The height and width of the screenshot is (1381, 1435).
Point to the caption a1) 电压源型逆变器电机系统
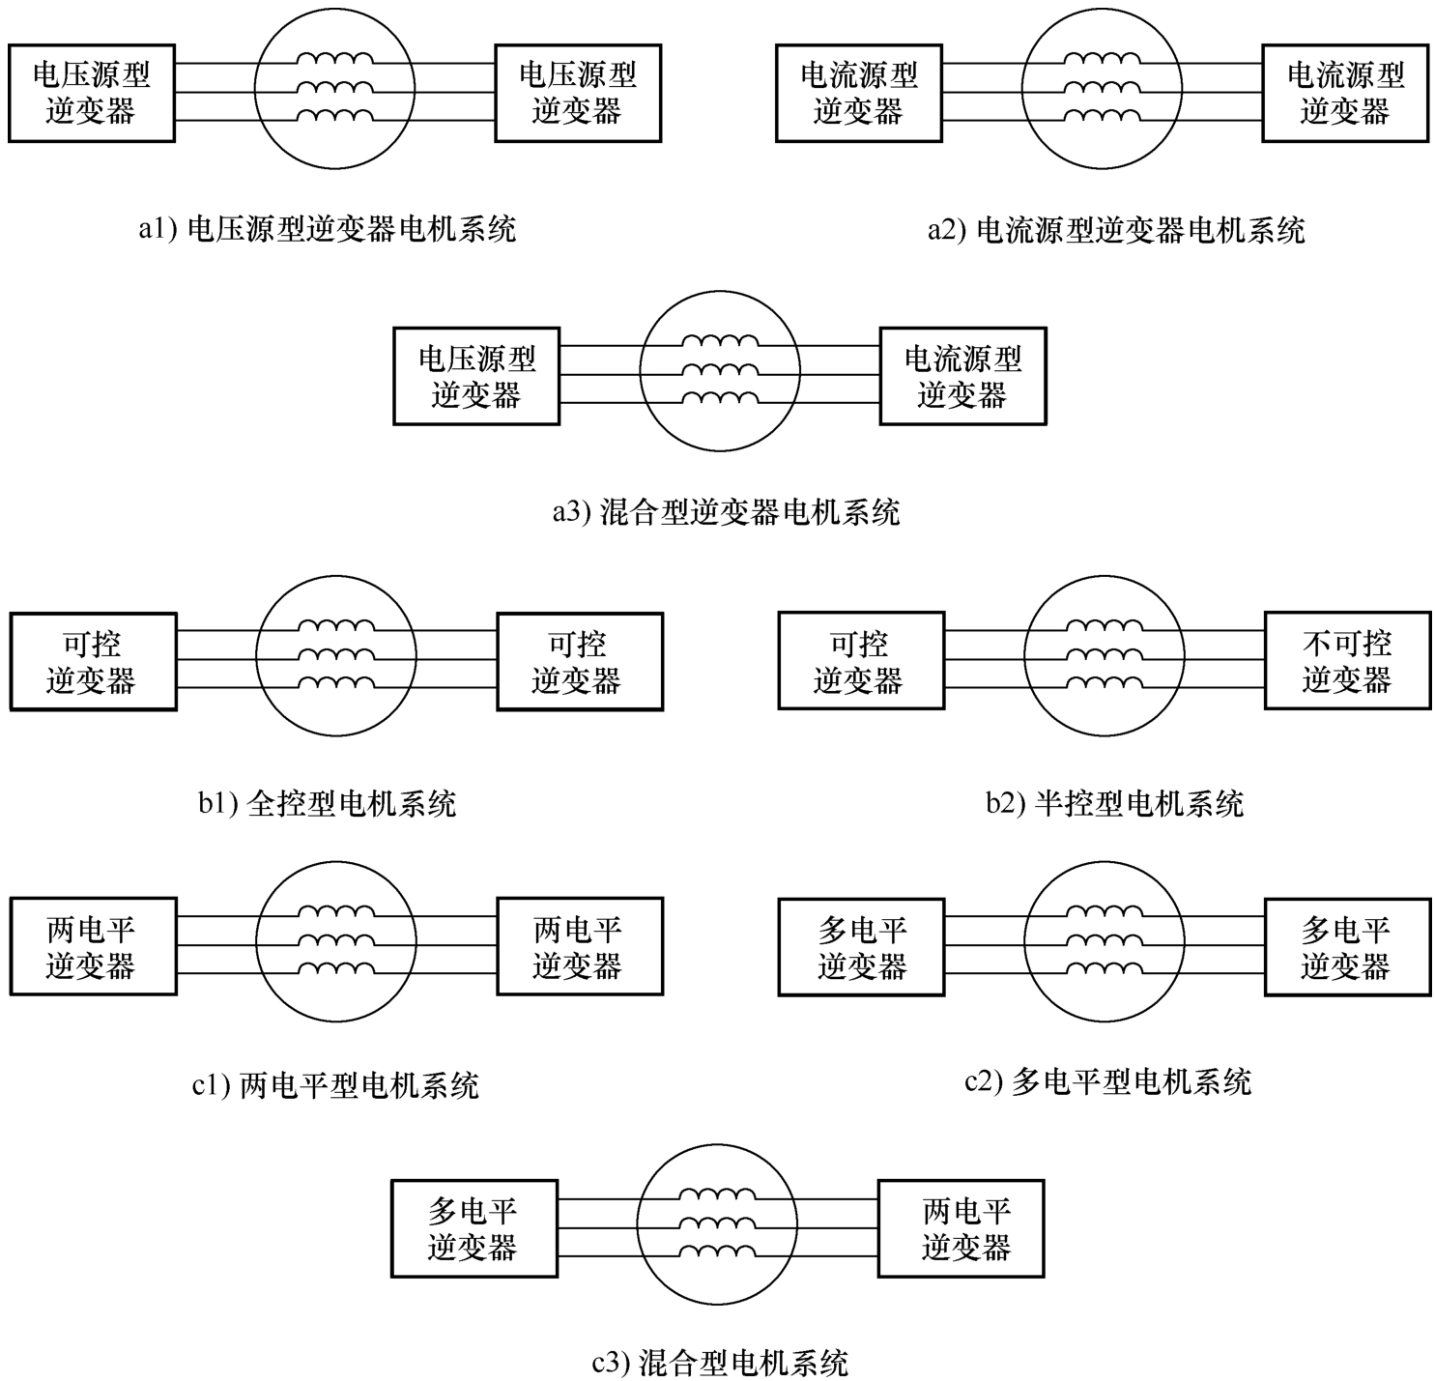click(328, 229)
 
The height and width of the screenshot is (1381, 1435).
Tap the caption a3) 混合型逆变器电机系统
click(727, 511)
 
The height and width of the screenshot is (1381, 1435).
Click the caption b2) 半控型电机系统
click(1115, 803)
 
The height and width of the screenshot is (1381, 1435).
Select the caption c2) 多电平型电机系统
click(1107, 1081)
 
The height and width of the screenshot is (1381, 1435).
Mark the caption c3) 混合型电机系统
click(720, 1363)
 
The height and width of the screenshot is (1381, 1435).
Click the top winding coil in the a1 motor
click(334, 59)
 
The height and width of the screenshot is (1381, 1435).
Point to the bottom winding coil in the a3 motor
click(720, 398)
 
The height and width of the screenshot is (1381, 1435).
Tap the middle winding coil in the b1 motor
click(336, 654)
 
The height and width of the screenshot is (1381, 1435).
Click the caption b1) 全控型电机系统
click(328, 803)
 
